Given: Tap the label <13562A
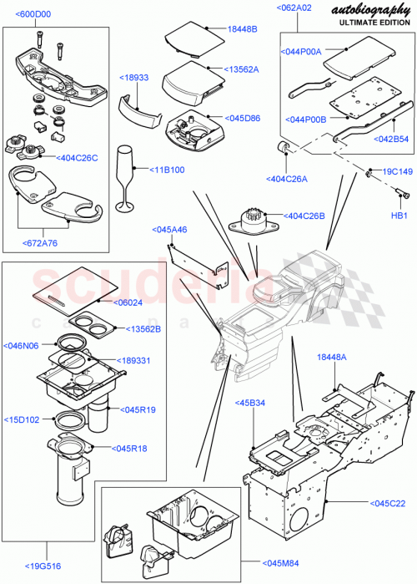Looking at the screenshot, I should [242, 69].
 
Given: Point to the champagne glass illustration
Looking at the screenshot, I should [127, 178].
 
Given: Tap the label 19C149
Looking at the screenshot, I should [395, 172].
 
